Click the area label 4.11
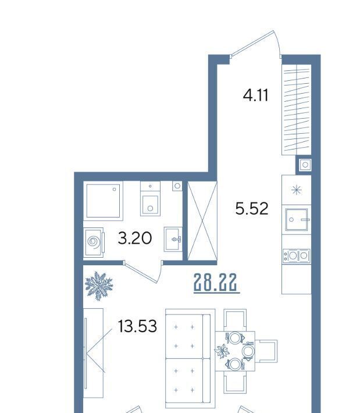click(255, 95)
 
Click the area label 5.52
click(252, 208)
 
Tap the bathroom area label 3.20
click(134, 238)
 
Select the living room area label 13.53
click(137, 326)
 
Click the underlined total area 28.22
click(215, 282)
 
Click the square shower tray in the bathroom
click(104, 201)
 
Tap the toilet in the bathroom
click(150, 198)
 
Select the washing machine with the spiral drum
click(94, 243)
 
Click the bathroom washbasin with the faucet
click(173, 239)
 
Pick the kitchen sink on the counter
click(297, 219)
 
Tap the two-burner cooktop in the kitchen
click(296, 255)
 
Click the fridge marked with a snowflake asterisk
click(296, 190)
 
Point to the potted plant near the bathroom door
click(99, 286)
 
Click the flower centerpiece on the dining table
click(222, 351)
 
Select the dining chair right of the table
click(266, 351)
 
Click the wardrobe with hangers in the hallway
click(296, 109)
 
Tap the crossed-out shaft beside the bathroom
click(202, 221)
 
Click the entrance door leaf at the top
click(252, 44)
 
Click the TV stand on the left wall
click(93, 353)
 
